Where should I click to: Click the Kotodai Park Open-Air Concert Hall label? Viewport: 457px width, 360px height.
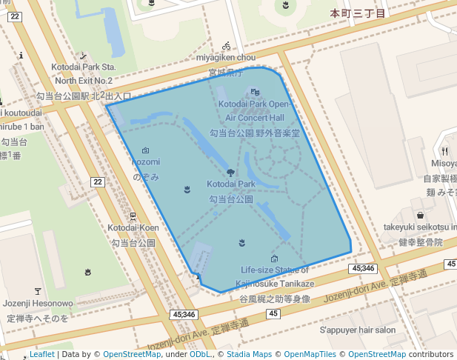coord(254,111)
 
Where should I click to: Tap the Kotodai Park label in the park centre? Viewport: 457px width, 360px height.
coord(230,184)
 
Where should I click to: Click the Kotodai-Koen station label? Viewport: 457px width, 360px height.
coord(133,227)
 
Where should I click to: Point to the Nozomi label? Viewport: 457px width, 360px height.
coord(145,162)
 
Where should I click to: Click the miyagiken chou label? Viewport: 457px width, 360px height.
coord(226,57)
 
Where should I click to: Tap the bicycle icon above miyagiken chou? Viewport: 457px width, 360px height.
coord(226,45)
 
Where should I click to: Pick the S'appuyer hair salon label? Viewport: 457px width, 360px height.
coord(358,330)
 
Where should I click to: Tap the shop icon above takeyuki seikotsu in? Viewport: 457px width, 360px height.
coord(420,215)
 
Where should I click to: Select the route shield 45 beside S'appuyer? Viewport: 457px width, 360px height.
coord(274,314)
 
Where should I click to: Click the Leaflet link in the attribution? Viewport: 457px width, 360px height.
coord(41,354)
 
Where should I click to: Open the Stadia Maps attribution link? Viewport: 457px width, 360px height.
coord(253,354)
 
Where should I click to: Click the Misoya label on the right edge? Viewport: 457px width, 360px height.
coord(444,163)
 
